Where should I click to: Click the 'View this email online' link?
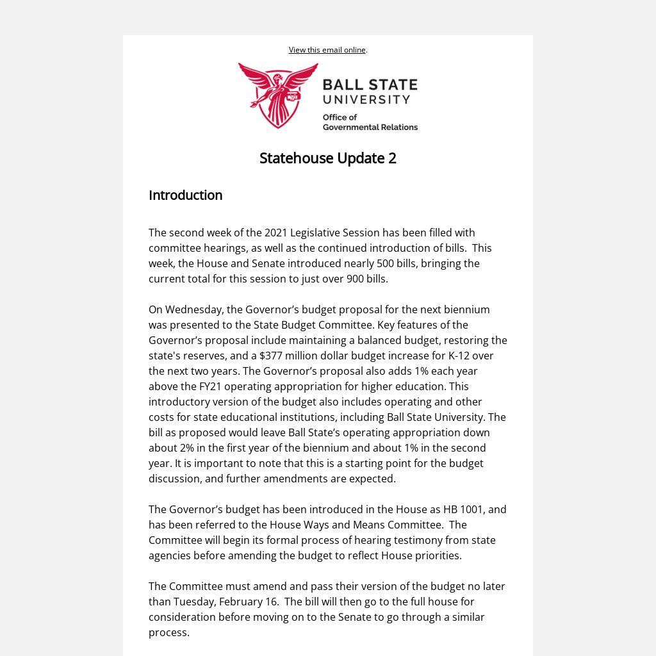[x=327, y=50]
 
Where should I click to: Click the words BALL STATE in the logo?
[x=370, y=85]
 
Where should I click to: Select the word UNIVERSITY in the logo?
[x=366, y=100]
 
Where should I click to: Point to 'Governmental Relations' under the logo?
[x=370, y=127]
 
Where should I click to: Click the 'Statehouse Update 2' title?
[x=327, y=158]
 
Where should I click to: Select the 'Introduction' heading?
[x=185, y=195]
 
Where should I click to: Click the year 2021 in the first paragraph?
[x=275, y=233]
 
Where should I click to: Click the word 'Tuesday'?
[x=193, y=602]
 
